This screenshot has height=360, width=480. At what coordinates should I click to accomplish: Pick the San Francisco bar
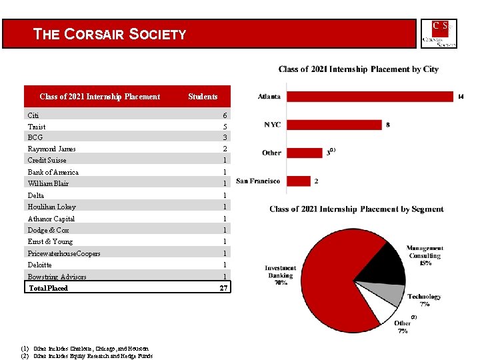pos(298,181)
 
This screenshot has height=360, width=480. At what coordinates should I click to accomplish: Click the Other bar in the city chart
pos(304,153)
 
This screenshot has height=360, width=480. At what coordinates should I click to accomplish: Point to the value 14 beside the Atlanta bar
pos(460,97)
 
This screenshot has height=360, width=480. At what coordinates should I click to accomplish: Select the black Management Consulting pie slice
pos(387,263)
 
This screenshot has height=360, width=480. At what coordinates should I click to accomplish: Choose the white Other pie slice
pos(388,311)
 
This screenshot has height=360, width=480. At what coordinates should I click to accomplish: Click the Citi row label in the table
pos(33,115)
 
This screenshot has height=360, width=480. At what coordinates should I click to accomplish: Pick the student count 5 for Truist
pos(225,127)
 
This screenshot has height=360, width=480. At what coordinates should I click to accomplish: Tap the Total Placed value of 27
pos(224,288)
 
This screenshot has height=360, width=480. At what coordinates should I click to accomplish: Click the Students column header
pos(203,97)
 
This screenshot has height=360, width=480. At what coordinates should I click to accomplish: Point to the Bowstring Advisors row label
pos(57,277)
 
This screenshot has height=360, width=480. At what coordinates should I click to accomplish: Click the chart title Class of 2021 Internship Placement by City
pos(358,69)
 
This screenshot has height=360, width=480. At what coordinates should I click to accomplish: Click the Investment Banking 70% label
pos(280,275)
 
